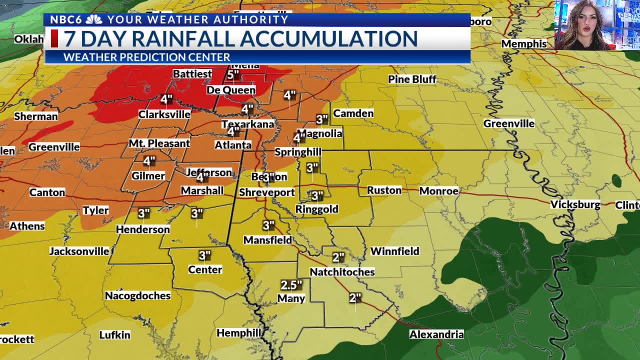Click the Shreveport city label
pos(267,192)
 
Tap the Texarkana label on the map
pos(248,124)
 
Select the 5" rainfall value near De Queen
pos(233,75)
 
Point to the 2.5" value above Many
pos(291,285)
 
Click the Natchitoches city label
pos(342,272)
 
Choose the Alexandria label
pos(436,334)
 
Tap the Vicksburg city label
pos(575,204)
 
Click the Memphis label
pos(523,44)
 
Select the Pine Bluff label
pos(412,79)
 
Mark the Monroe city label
pos(438,191)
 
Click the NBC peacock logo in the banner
pos(94,19)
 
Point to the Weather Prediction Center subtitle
pos(146,57)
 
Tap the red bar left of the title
pos(54,38)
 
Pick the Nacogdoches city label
pos(137,296)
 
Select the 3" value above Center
pos(204,256)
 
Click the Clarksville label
pos(164,114)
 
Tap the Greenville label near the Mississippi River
pos(509,123)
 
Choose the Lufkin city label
pos(114,335)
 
